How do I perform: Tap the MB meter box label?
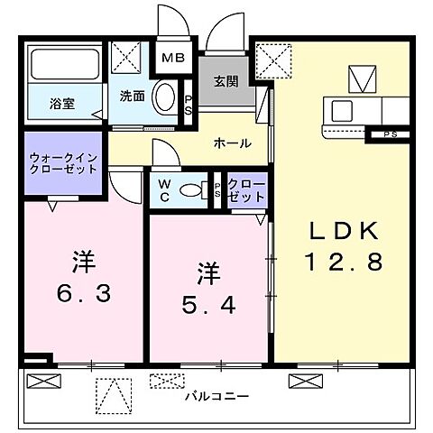click(x=172, y=60)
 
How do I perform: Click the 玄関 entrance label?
click(x=226, y=80)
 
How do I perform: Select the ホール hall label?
click(x=232, y=143)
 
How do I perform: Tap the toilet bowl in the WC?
click(x=190, y=190)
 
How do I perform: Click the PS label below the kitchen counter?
click(x=389, y=135)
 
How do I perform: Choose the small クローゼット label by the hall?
click(x=246, y=190)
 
